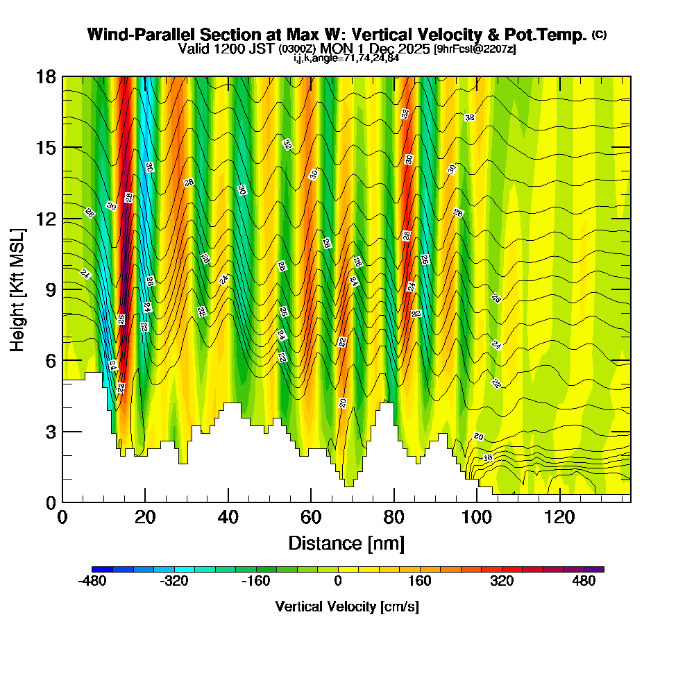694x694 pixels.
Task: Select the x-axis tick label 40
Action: (x=228, y=518)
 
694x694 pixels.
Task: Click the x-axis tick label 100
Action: (x=476, y=518)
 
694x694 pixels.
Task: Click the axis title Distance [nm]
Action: (x=346, y=543)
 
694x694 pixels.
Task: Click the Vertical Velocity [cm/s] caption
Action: (x=346, y=607)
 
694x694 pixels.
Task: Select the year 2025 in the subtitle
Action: (x=414, y=49)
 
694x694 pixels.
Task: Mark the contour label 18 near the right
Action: (x=488, y=458)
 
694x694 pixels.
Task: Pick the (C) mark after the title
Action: (x=599, y=34)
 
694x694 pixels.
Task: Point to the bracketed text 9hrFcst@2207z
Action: (x=474, y=49)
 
